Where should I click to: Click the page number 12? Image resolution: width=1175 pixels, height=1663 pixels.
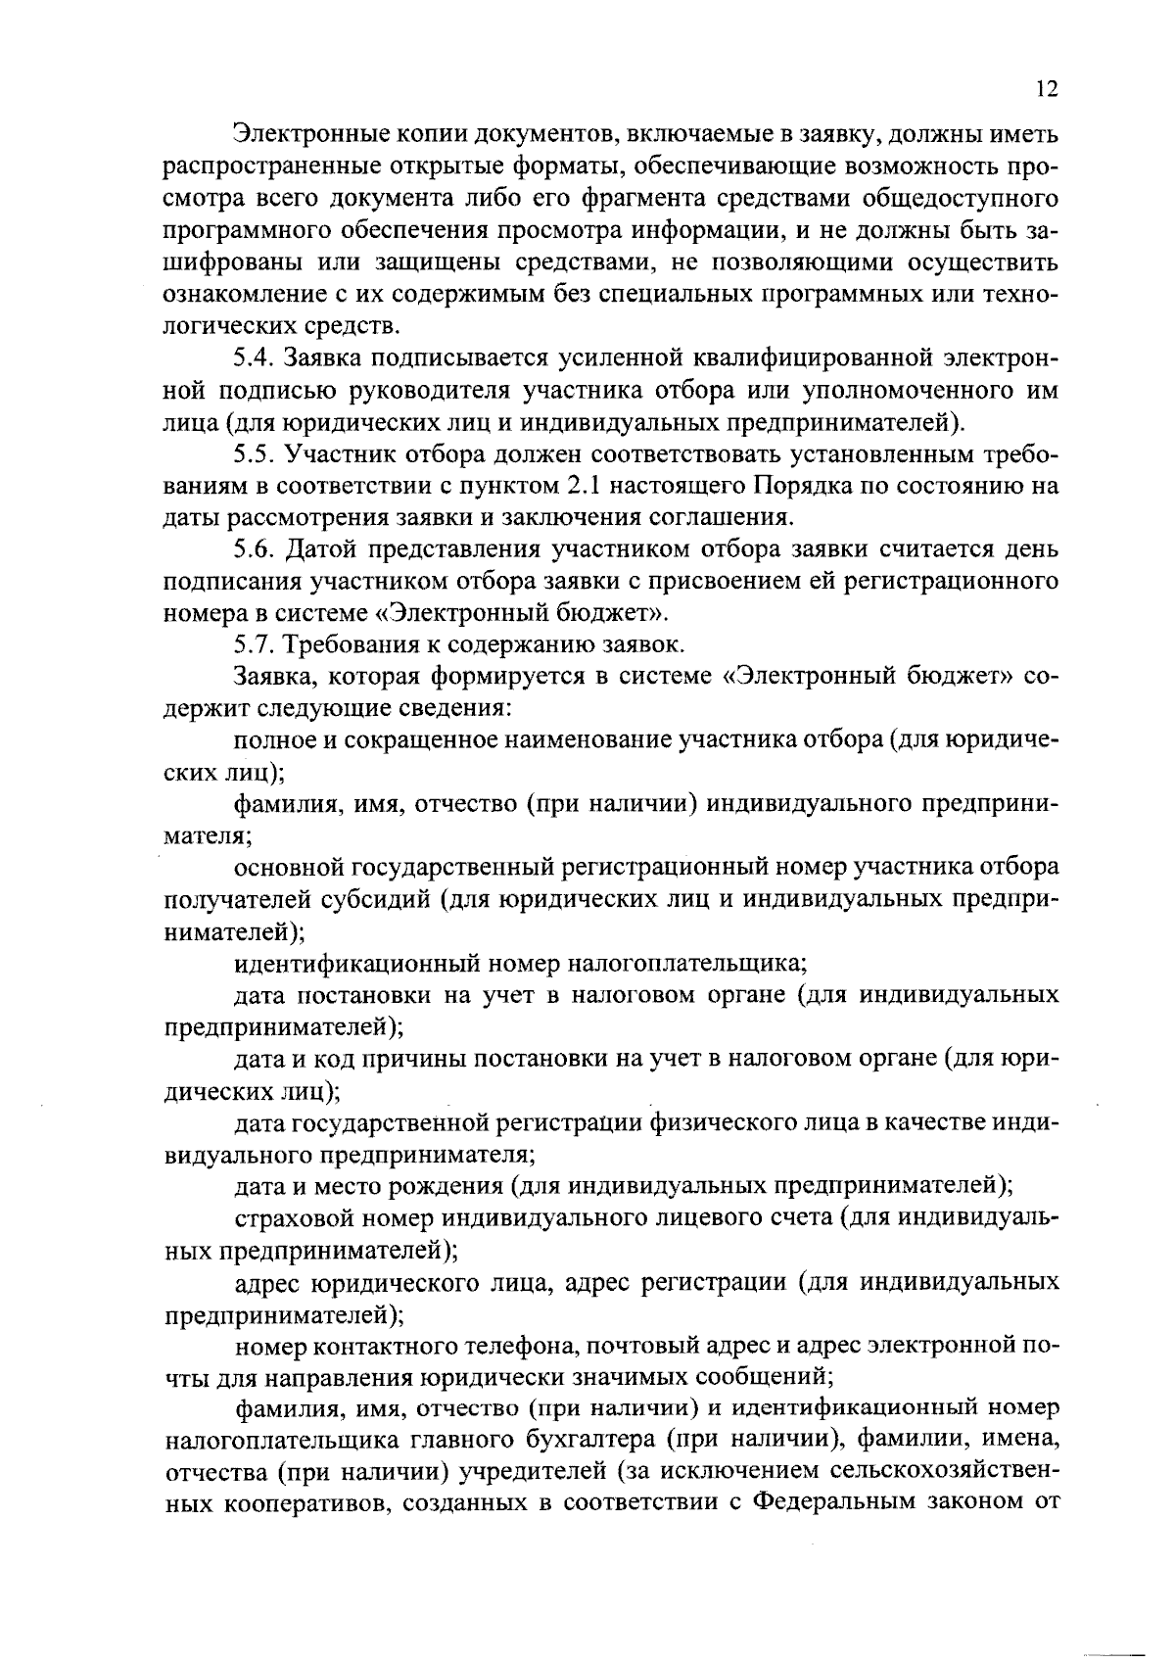[x=1046, y=89]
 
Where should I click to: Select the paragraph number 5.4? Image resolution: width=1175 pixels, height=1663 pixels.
[x=255, y=358]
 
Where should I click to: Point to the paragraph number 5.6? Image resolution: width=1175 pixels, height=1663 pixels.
[x=255, y=549]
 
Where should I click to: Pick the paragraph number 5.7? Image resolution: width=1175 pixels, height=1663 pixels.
[x=255, y=645]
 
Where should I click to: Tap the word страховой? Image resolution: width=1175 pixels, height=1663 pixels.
[x=287, y=1218]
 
